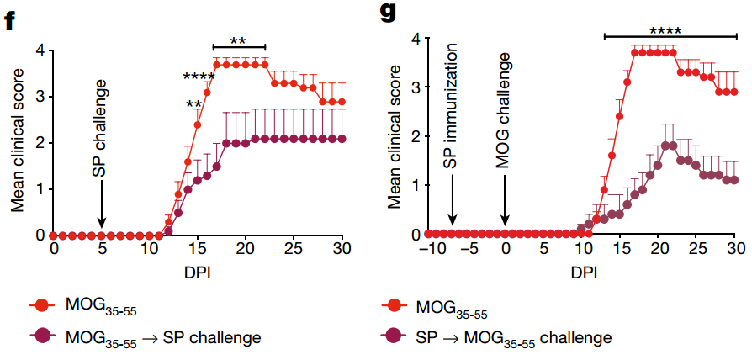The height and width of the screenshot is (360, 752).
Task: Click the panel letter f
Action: point(11,19)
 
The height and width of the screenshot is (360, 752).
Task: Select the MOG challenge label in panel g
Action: point(505,109)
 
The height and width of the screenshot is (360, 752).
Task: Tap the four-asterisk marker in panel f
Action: point(200,77)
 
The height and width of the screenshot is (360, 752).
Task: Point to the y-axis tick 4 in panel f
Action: point(40,50)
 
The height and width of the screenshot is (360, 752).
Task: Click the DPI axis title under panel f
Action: point(198,272)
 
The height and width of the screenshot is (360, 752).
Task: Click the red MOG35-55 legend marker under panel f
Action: point(42,305)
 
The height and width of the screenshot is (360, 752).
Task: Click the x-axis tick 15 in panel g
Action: point(621,250)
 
